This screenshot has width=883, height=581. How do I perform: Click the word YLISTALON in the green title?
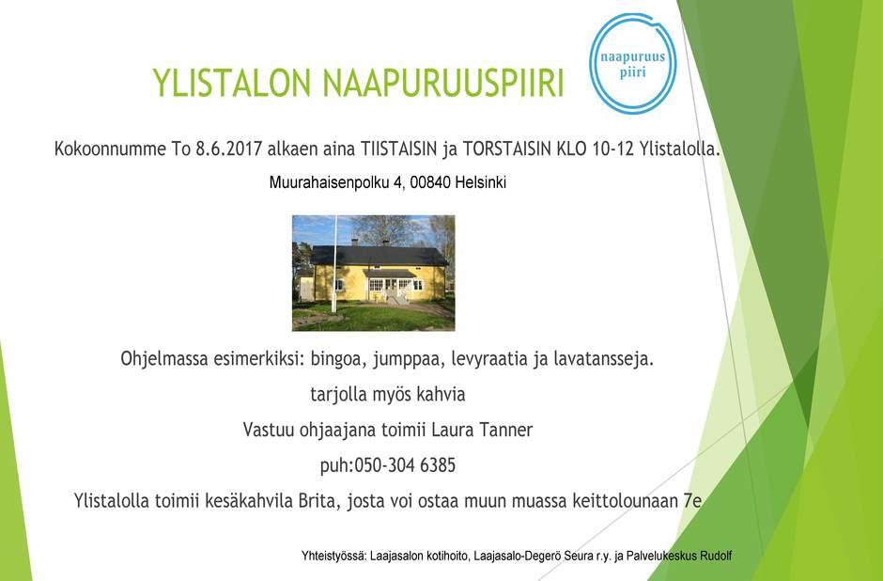tap(231, 83)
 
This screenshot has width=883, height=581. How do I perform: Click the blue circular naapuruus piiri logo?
tap(633, 64)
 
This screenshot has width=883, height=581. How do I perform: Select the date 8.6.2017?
tap(228, 149)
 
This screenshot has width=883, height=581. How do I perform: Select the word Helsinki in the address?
tap(480, 182)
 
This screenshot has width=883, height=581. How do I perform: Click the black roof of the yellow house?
tap(379, 256)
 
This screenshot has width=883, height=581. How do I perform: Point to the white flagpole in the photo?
tap(334, 264)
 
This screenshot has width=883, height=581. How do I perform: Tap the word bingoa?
tap(335, 359)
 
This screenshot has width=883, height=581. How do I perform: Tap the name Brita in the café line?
tap(319, 501)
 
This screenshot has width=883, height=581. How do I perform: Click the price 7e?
tap(692, 501)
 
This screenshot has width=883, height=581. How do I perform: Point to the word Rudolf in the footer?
tap(716, 556)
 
